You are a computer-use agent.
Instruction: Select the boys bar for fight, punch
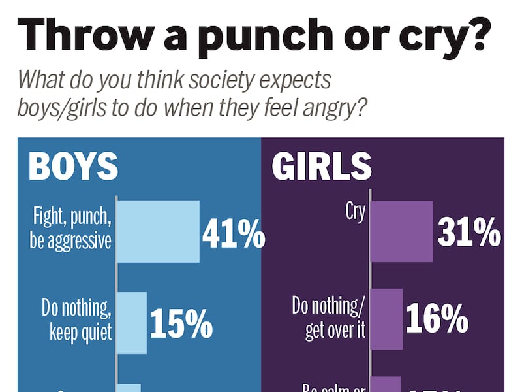pyautogui.click(x=158, y=231)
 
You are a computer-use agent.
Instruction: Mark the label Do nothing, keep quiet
pyautogui.click(x=77, y=318)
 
